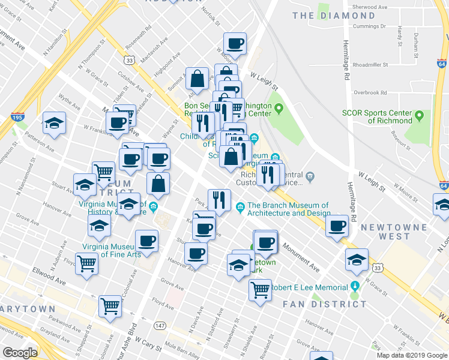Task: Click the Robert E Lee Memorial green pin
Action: (x=355, y=287)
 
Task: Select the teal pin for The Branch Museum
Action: (x=241, y=208)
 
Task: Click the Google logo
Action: (x=20, y=352)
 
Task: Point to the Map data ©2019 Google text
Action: (x=411, y=355)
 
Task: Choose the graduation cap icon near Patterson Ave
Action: (x=55, y=123)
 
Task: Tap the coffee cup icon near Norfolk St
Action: (x=235, y=43)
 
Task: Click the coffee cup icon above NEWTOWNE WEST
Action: (x=338, y=226)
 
